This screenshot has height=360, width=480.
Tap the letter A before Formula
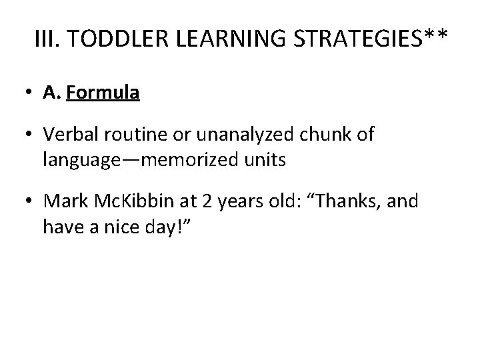click(x=51, y=93)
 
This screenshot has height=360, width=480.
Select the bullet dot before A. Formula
click(x=30, y=93)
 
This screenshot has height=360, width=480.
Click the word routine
click(x=133, y=136)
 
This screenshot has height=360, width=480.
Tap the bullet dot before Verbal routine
click(x=30, y=136)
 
